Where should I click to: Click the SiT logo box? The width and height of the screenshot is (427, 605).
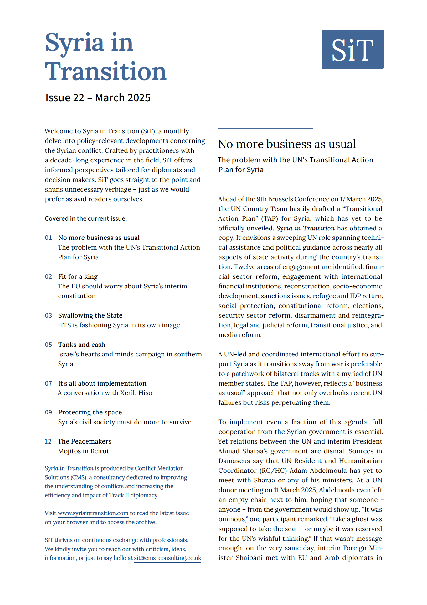coord(352,49)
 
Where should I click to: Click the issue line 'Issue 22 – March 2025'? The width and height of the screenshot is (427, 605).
coord(98,98)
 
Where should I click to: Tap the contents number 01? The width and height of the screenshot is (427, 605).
coord(49,238)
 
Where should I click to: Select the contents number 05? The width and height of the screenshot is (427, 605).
coord(49,345)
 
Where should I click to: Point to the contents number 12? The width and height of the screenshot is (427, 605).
coord(48,441)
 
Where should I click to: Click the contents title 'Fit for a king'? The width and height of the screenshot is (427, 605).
coord(78,276)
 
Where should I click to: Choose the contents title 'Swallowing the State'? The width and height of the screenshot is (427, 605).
coord(90,315)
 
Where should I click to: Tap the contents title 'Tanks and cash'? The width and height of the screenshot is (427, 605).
coord(82,345)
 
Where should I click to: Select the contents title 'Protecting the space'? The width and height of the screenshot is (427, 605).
coord(90,412)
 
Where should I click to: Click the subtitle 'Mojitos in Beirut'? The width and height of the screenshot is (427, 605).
coord(84,451)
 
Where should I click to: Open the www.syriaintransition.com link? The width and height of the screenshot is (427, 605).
coord(93,513)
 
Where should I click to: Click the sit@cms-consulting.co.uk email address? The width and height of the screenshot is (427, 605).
coord(167,558)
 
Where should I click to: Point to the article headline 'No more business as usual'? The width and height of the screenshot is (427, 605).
coord(287,144)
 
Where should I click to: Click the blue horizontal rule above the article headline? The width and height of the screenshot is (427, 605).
coord(265,128)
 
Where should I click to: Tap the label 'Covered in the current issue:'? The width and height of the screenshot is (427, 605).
coord(86,218)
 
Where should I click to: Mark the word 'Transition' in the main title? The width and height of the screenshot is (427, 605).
coord(105,71)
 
